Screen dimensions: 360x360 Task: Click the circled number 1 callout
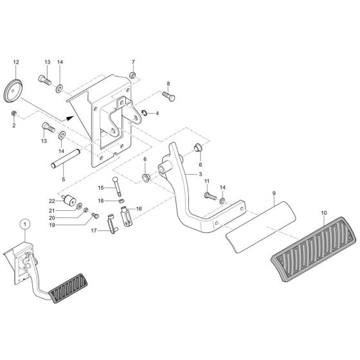tap(24, 224)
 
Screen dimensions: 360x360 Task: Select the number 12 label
tap(16, 62)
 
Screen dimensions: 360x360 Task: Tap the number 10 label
tap(324, 213)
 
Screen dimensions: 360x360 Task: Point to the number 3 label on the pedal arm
tap(200, 174)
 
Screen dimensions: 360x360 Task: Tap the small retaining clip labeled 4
tap(145, 114)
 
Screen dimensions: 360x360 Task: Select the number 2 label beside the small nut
tap(13, 126)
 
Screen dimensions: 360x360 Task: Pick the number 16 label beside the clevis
tap(139, 209)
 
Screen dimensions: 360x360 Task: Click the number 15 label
tap(100, 188)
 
